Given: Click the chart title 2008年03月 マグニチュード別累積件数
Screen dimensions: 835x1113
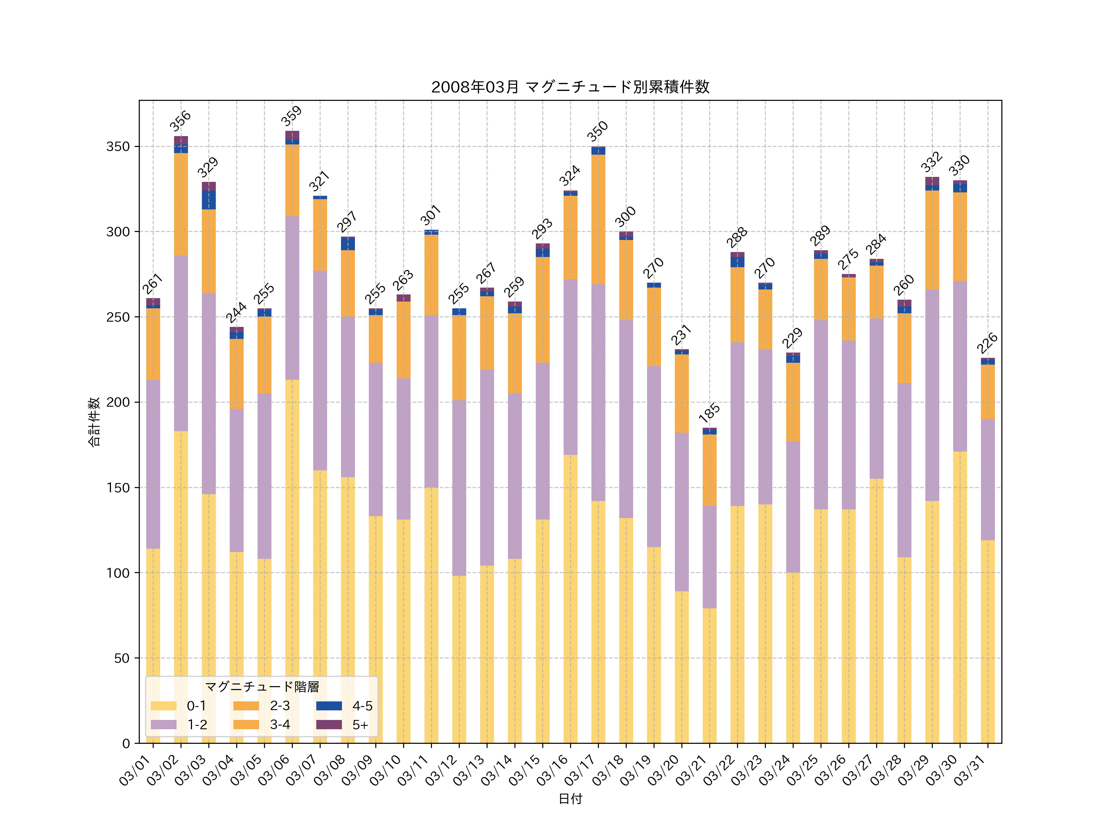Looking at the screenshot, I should (x=570, y=87).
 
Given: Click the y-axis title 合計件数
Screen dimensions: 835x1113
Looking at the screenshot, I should (x=94, y=422).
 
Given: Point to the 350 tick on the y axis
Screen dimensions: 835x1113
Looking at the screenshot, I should (x=118, y=147).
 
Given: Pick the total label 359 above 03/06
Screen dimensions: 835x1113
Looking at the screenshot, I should (x=291, y=116).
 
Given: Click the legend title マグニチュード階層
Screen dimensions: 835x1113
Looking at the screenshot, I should (x=262, y=687).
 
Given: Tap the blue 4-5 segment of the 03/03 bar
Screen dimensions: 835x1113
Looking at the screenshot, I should (x=209, y=200).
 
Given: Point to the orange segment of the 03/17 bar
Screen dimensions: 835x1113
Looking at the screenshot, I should (x=598, y=220).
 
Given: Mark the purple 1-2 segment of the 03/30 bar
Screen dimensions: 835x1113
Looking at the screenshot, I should (x=960, y=366).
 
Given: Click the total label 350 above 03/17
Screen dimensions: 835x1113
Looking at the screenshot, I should (x=597, y=131).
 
